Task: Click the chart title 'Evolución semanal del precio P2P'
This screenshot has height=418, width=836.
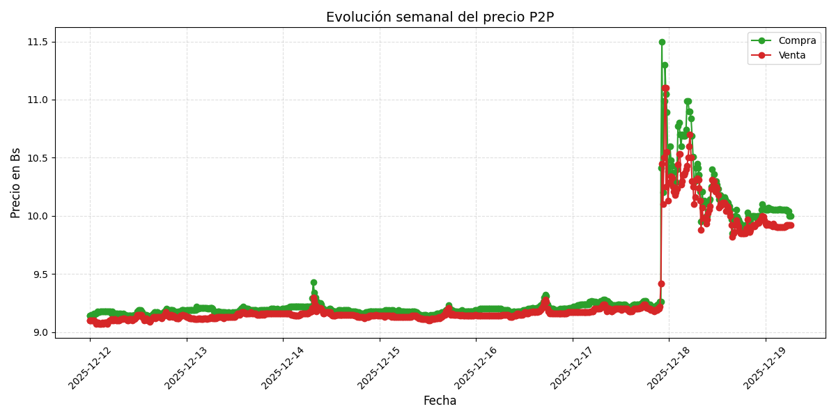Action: click(x=440, y=17)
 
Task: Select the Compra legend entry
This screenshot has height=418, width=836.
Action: click(x=797, y=41)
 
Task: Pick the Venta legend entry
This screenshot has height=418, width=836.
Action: click(x=791, y=56)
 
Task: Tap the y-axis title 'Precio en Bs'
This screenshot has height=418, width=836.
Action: click(x=16, y=183)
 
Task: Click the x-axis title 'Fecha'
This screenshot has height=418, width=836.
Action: click(x=440, y=401)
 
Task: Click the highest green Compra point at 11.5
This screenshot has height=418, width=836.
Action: click(x=662, y=42)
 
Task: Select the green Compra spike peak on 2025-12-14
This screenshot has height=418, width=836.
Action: click(x=313, y=282)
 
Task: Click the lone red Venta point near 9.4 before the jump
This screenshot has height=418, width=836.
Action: click(x=661, y=284)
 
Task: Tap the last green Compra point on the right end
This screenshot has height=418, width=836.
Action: click(x=790, y=216)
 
